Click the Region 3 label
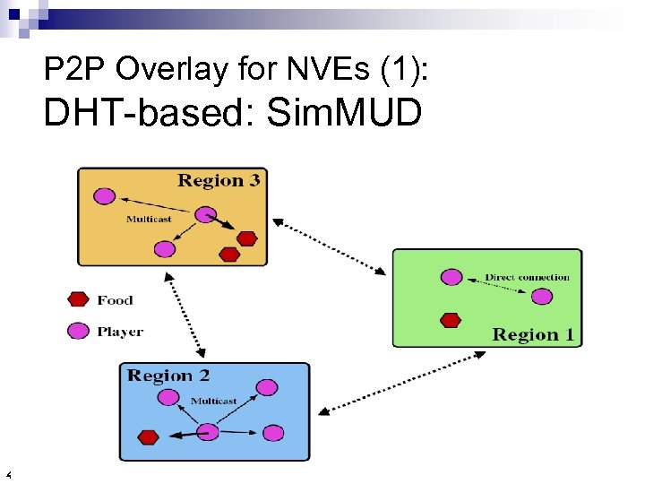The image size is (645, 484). [x=219, y=181]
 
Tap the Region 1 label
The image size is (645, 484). [x=534, y=335]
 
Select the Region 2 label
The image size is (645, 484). [x=168, y=376]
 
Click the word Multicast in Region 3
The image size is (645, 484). [x=149, y=220]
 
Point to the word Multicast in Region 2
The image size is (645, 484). [x=214, y=401]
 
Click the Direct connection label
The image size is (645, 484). [x=527, y=277]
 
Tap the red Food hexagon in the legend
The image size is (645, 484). [x=80, y=300]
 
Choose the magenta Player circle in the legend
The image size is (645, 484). [x=80, y=331]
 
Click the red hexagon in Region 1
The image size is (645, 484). [x=451, y=319]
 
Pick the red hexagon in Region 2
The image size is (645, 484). [x=149, y=437]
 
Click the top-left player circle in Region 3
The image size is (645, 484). [x=105, y=195]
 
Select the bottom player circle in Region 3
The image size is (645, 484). [x=164, y=249]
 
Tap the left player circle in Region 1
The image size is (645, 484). [x=451, y=277]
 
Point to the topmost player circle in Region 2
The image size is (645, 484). [x=267, y=387]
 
